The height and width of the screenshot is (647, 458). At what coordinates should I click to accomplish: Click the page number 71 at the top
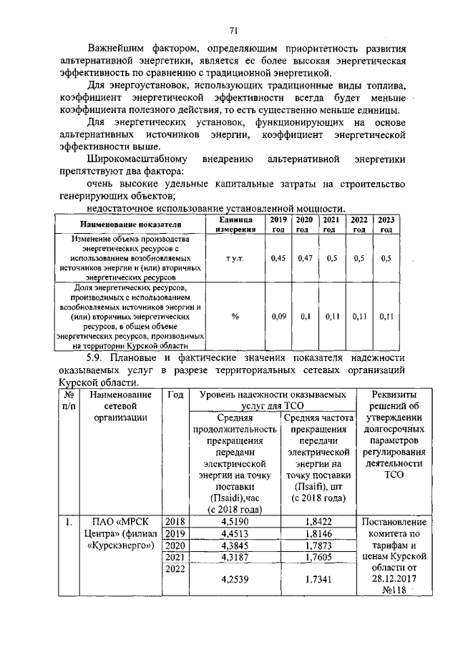point(233,29)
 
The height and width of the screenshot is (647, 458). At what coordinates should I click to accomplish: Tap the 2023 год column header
point(386,224)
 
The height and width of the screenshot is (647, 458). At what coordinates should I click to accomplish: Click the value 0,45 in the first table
point(278,258)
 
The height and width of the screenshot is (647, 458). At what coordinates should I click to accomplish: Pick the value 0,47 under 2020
point(304,258)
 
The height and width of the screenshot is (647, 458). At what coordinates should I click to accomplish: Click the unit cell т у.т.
point(235,258)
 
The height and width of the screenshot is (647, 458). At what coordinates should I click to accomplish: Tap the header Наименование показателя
point(130,224)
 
